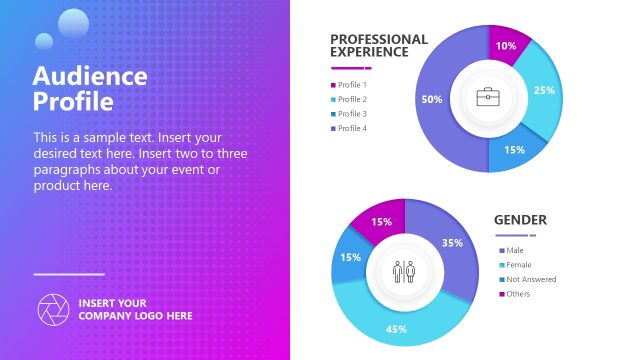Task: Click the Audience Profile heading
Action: tap(90, 89)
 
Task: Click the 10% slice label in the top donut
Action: tap(506, 46)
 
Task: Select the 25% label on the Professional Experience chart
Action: tap(544, 90)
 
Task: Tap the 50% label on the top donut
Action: tap(432, 99)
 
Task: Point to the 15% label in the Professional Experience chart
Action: tap(514, 150)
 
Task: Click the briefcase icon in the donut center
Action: tap(488, 98)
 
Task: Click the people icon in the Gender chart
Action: tap(405, 271)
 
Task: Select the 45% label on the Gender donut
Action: tap(396, 329)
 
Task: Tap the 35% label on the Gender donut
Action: tap(452, 243)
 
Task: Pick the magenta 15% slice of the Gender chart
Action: tap(382, 222)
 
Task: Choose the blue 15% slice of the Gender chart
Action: tap(351, 257)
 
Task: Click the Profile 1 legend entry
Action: tap(352, 85)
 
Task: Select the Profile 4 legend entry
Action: tap(352, 128)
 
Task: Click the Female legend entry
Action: tap(518, 265)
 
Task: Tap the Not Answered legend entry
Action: tap(530, 279)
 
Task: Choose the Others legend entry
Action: tap(518, 293)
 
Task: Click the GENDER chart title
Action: tap(520, 220)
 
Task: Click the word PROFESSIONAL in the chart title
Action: tap(379, 39)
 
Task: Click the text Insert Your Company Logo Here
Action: tap(135, 309)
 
